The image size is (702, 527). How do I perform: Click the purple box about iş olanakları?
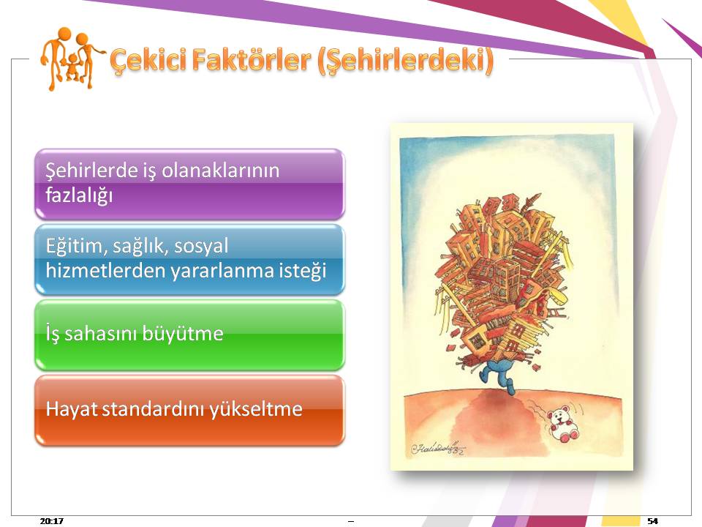click(189, 184)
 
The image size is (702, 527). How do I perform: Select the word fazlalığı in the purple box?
click(79, 195)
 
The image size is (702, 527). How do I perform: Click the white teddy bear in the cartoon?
click(563, 424)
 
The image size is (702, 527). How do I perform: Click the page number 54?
click(653, 520)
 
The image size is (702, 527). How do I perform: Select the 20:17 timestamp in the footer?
click(51, 520)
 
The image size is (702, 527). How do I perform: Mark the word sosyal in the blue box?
click(201, 246)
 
